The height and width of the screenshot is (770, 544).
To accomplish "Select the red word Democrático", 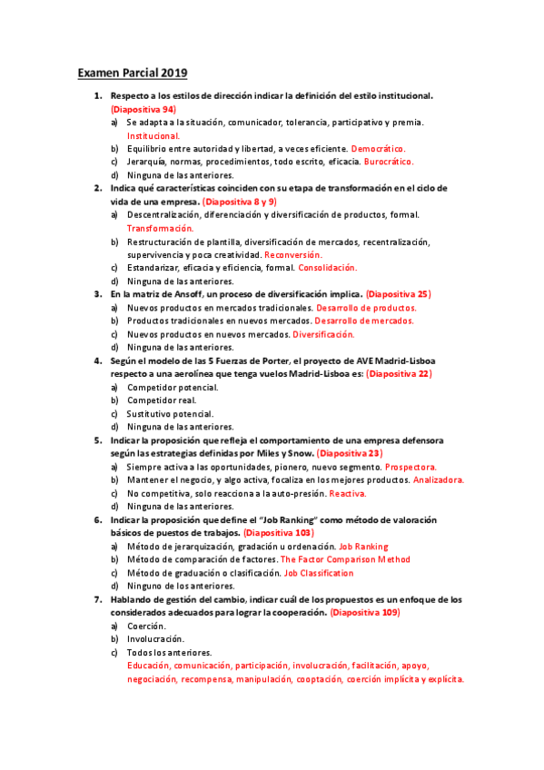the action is pos(378,148).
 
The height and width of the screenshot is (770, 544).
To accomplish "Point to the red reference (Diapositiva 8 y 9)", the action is pos(239,202).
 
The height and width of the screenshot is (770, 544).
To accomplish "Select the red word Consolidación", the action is pos(328,268).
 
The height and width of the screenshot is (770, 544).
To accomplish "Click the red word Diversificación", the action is pos(323,334).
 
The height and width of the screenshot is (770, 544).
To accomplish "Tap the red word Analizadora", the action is pos(439,479).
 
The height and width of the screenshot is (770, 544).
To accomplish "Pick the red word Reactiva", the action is pos(347,493).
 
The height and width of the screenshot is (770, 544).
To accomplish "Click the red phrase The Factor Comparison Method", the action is pos(345,560).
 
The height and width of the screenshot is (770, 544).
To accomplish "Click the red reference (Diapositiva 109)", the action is pos(365,613).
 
